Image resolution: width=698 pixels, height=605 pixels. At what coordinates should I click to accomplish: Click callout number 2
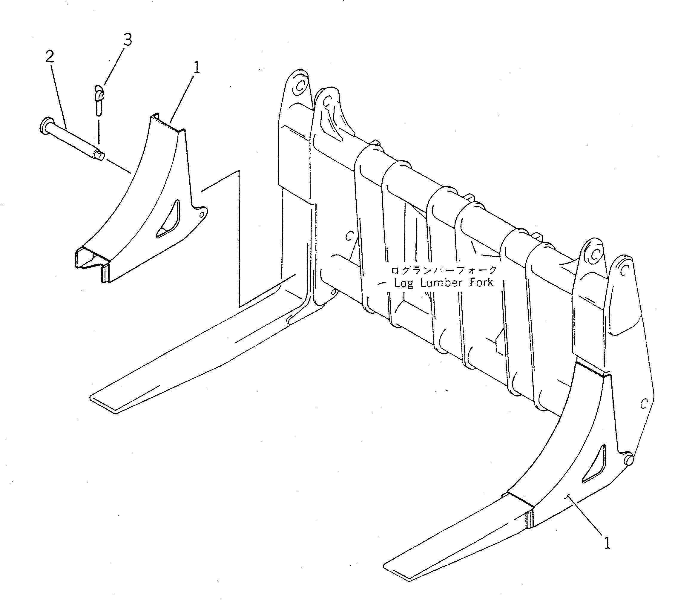(50, 57)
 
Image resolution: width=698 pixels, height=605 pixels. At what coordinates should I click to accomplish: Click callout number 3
(127, 40)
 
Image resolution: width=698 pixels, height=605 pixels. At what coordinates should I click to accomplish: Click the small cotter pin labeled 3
(99, 99)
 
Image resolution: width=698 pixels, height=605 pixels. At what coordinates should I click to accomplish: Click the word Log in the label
(404, 283)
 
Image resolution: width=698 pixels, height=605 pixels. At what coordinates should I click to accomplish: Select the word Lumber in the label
(441, 282)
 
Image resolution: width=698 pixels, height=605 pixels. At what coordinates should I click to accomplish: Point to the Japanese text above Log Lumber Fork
(444, 270)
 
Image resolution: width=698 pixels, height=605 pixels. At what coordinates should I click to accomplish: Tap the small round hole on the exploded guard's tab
(202, 215)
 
